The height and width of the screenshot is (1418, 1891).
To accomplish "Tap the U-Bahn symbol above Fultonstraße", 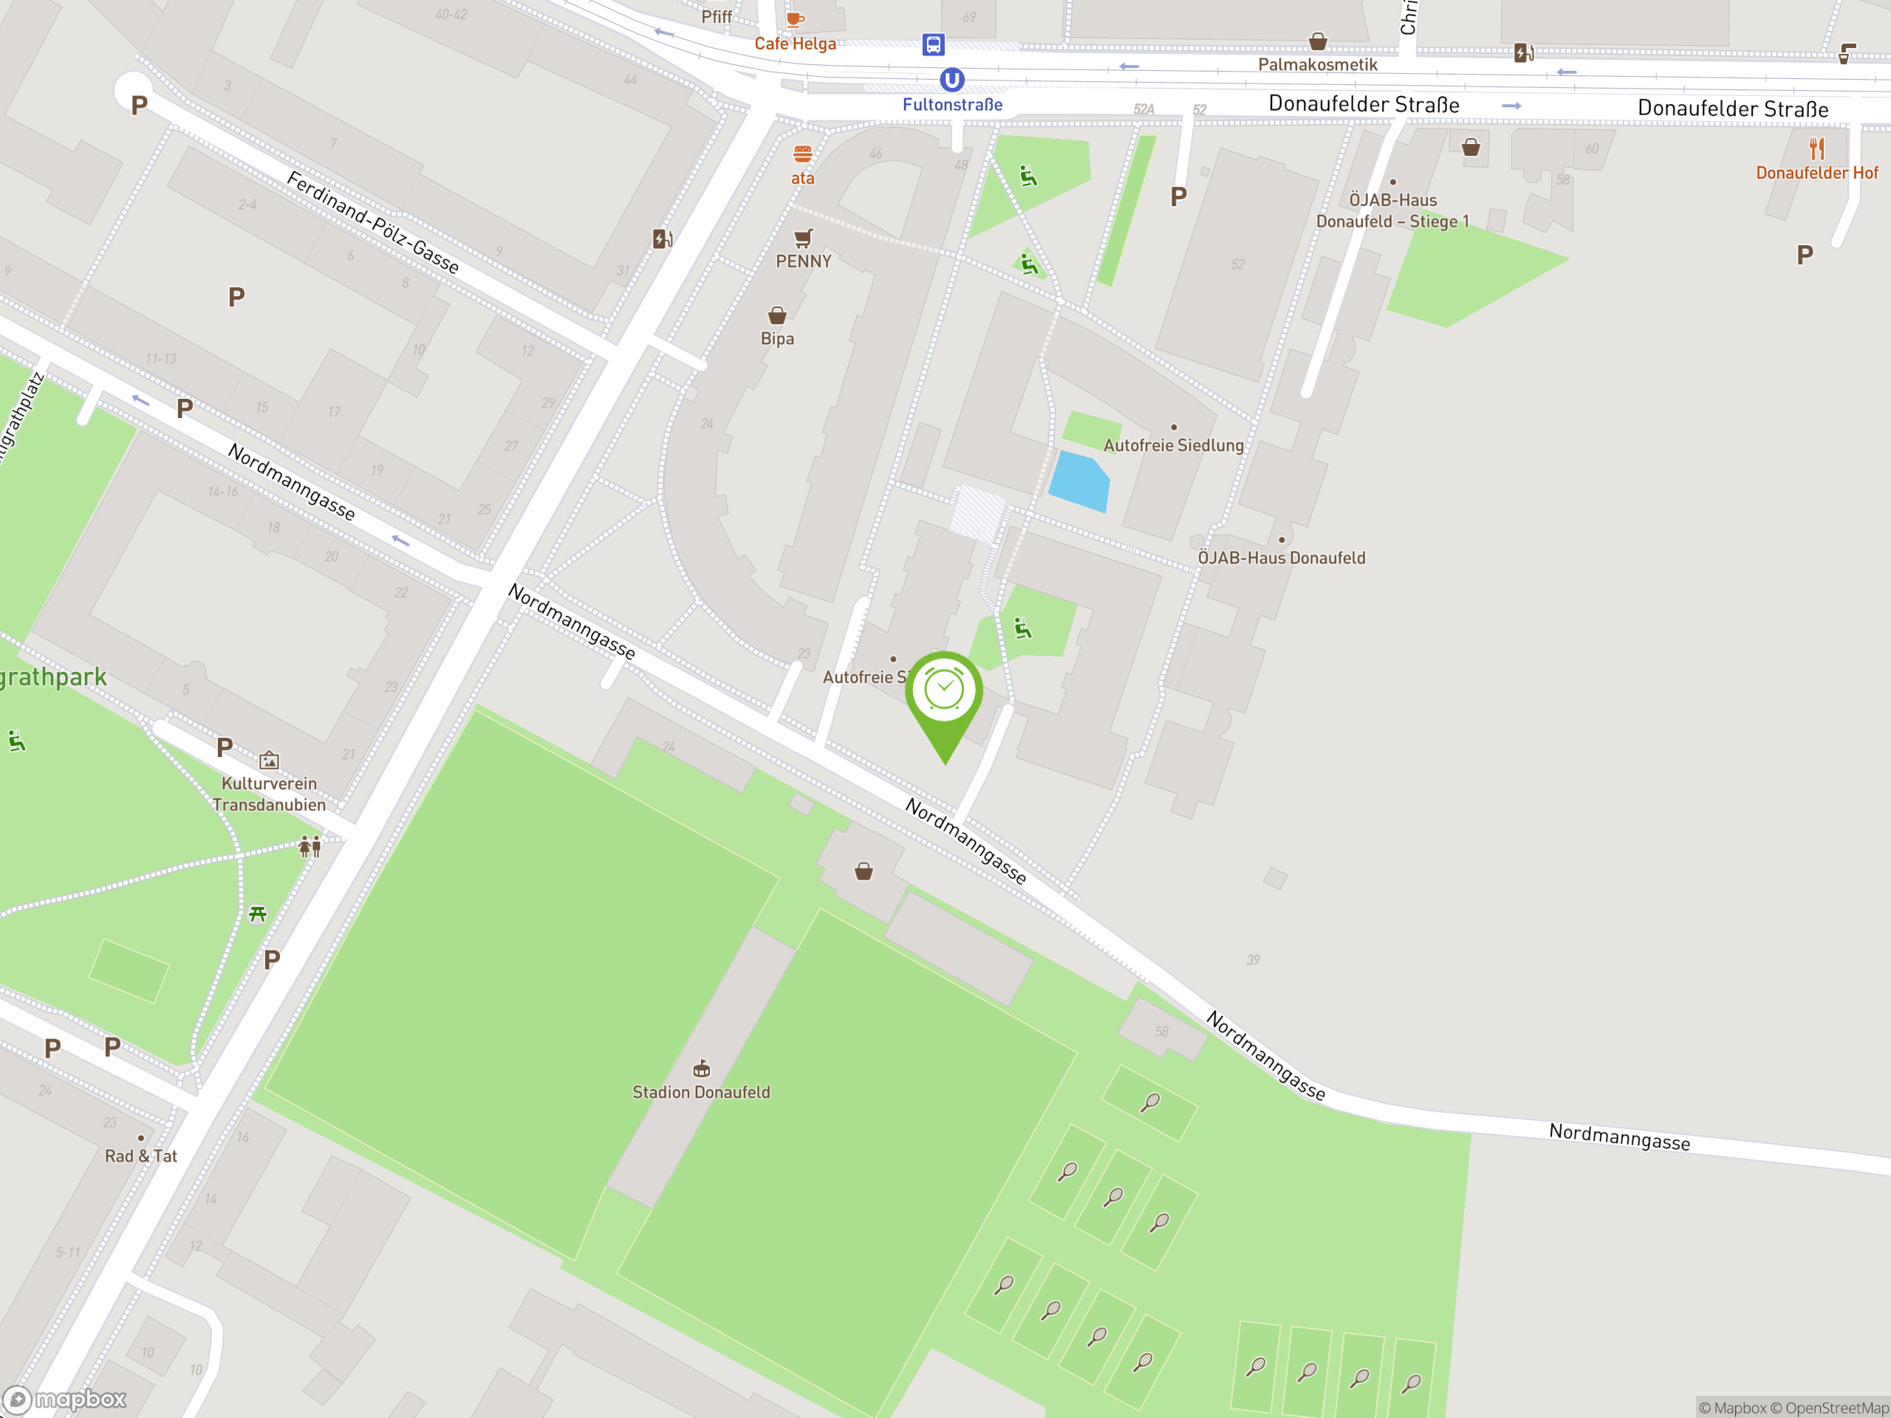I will (951, 80).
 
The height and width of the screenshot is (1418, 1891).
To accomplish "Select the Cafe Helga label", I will (795, 44).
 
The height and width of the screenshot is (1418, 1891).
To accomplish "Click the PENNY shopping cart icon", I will (803, 238).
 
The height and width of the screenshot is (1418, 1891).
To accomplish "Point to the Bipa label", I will (777, 338).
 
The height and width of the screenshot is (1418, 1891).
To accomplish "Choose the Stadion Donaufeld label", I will (701, 1092).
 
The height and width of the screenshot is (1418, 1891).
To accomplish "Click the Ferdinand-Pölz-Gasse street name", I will (373, 222).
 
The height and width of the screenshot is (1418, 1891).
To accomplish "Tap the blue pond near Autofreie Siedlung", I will (1079, 482).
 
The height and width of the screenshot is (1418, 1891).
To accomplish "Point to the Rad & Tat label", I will (141, 1156).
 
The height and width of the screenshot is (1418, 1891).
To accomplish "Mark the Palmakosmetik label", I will (1317, 65).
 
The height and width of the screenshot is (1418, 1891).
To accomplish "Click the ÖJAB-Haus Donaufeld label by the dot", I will (1281, 558).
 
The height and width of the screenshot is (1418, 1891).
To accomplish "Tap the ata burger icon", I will (802, 154).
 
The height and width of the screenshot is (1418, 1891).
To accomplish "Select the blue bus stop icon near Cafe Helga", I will (933, 44).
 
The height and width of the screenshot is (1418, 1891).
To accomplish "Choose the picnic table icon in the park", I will (257, 914).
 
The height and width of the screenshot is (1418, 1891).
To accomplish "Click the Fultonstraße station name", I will (952, 105).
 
